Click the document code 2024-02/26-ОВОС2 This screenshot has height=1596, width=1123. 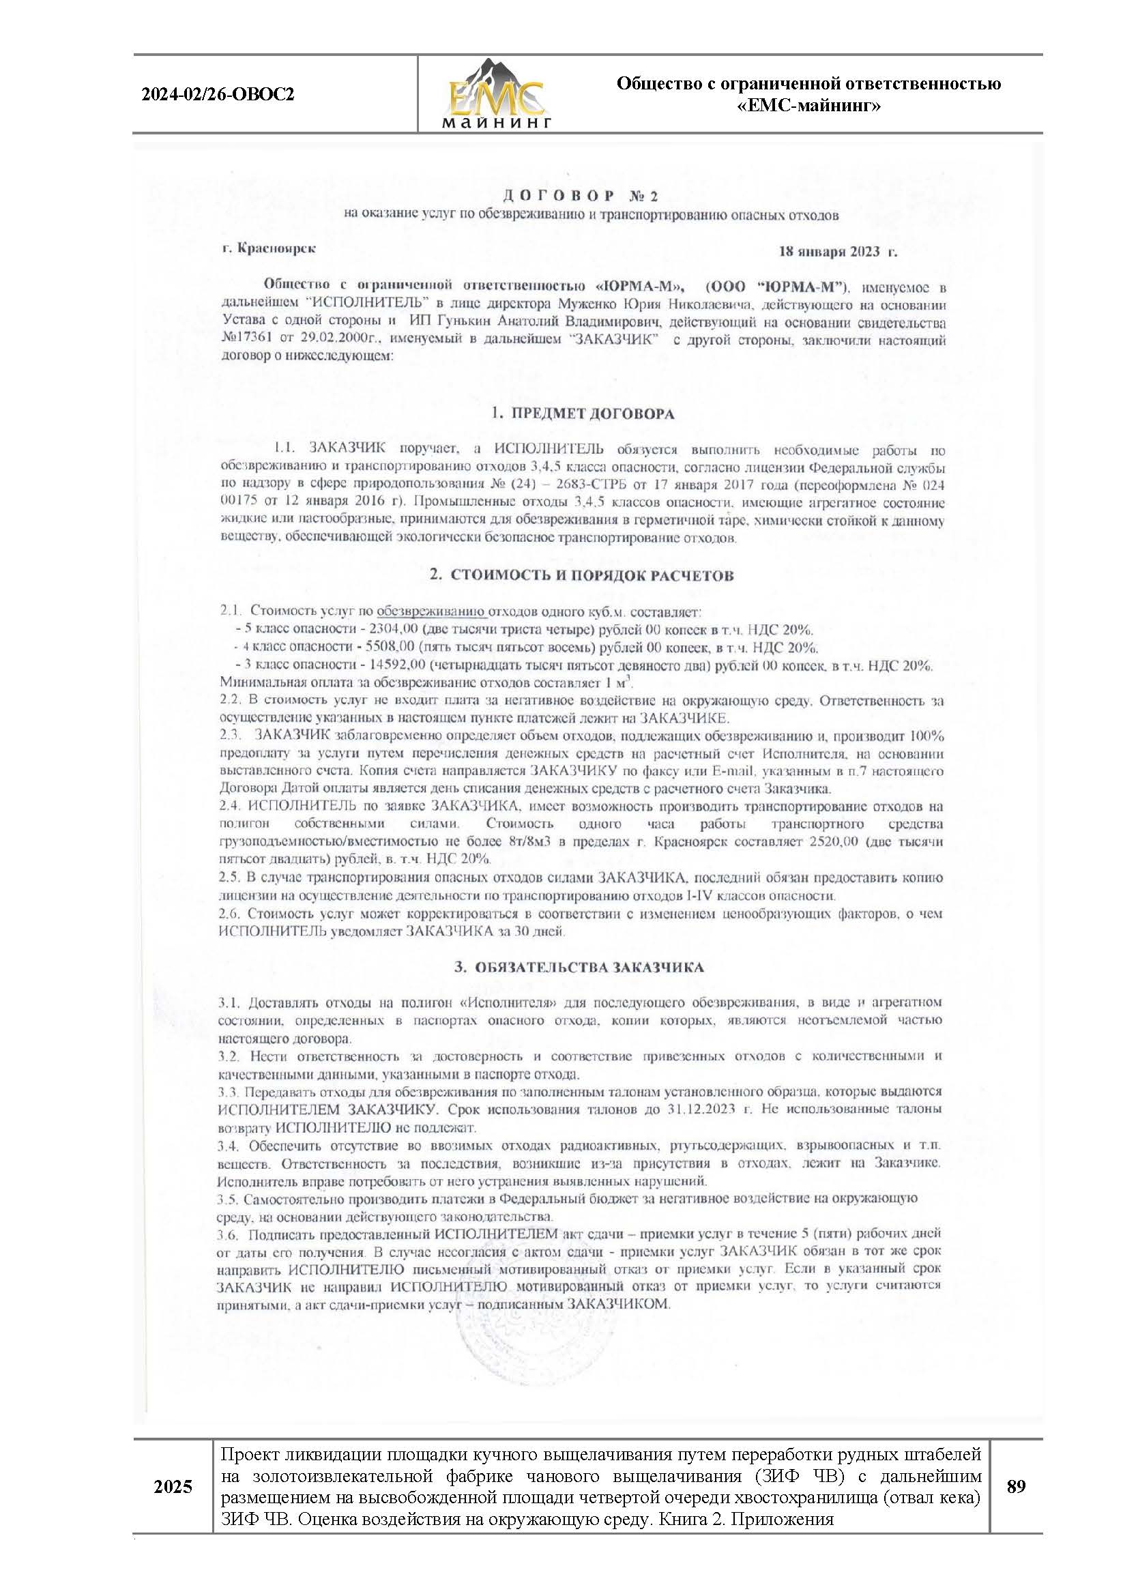pos(218,94)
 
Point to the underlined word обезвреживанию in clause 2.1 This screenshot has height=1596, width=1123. pos(431,612)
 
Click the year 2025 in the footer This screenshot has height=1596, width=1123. pos(173,1507)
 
